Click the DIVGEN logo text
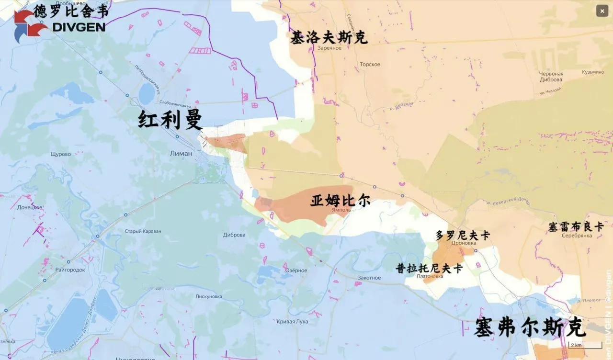79,27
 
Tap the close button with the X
602,11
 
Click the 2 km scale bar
585,345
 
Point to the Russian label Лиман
181,154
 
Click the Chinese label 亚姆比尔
340,200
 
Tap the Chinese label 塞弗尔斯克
530,328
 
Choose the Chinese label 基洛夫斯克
329,37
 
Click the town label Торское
370,65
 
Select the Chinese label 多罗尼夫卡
463,236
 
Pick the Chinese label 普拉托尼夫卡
429,268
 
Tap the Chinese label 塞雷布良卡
576,226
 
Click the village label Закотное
369,278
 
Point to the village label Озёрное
296,270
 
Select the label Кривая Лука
292,321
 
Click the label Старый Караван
143,231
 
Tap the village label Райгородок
70,270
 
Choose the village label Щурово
60,154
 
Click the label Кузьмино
593,72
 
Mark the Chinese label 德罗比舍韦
71,10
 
